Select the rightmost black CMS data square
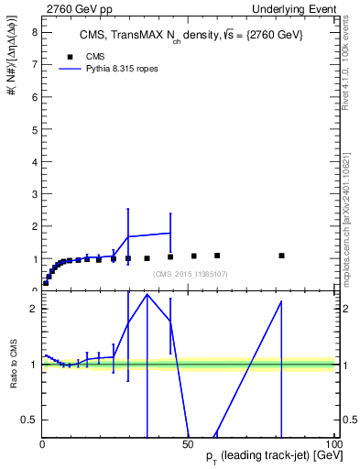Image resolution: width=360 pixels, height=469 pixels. (281, 256)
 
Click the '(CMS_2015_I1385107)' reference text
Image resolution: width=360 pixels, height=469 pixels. (191, 274)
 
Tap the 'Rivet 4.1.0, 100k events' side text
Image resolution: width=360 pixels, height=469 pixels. (350, 64)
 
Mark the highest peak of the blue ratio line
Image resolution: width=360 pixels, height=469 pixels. (147, 294)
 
